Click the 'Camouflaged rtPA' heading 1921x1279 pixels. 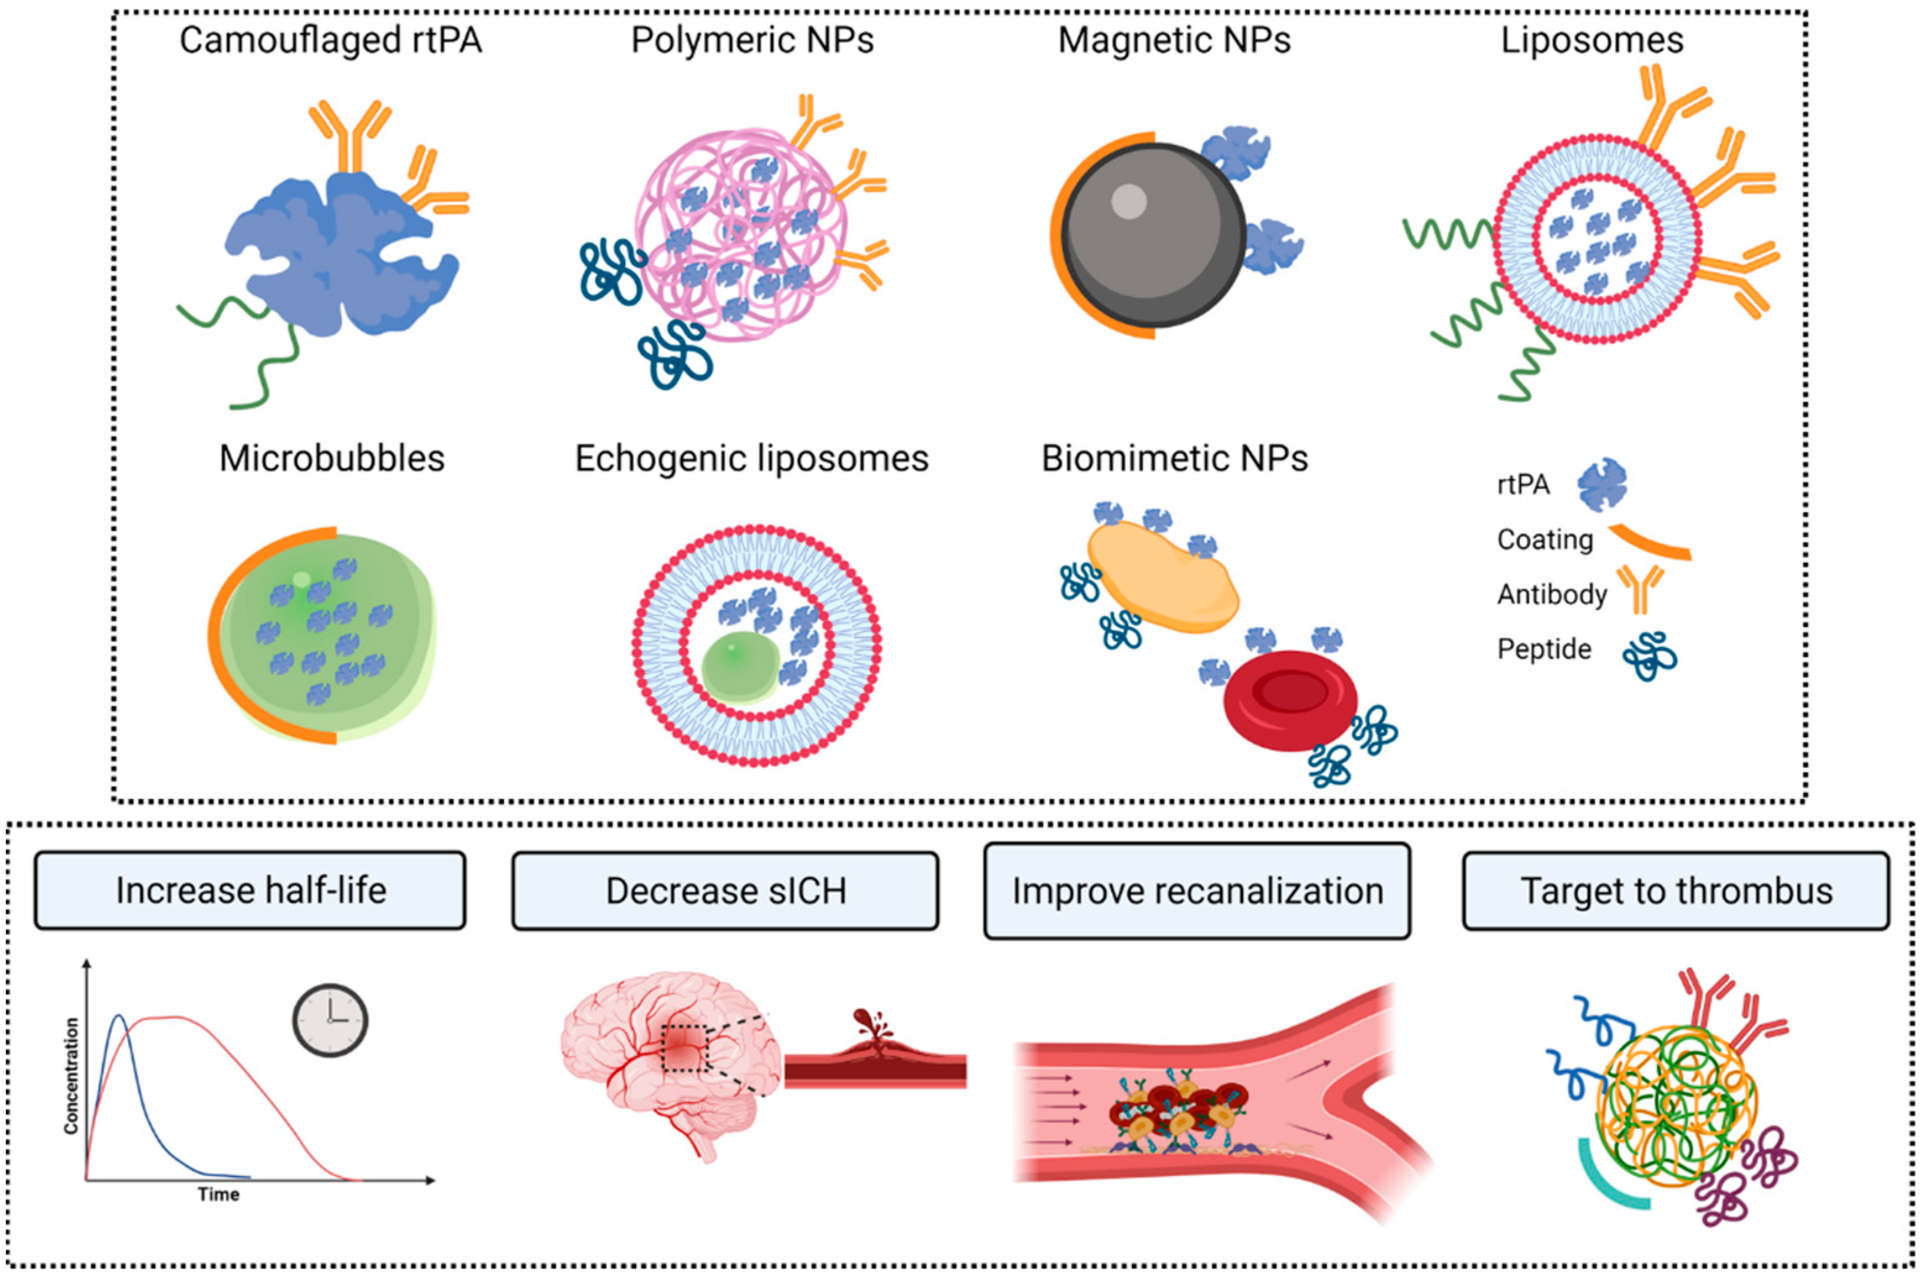331,41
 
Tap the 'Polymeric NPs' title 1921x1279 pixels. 751,41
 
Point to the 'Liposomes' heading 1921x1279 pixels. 1592,41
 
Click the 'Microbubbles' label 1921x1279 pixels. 332,458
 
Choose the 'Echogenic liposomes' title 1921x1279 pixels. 751,458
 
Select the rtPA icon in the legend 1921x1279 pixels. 1601,484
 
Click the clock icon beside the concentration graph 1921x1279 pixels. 329,1019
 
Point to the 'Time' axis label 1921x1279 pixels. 219,1194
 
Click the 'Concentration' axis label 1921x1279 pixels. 72,1075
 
